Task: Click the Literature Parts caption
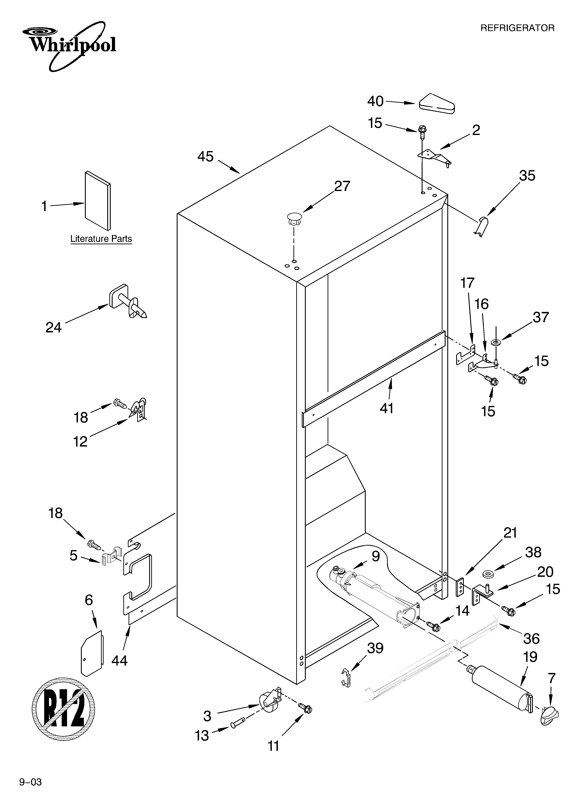(x=101, y=239)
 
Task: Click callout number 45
(x=206, y=157)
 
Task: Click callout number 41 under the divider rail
(x=387, y=408)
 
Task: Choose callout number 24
(x=54, y=328)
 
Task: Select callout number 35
(x=527, y=176)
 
